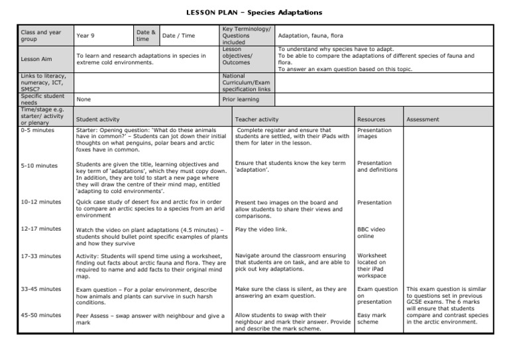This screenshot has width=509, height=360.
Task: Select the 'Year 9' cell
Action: (x=85, y=35)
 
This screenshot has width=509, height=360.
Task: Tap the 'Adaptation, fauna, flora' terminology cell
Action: (x=306, y=35)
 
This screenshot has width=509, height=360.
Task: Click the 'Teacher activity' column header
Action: (x=256, y=119)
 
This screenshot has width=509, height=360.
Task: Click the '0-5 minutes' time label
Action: (x=38, y=131)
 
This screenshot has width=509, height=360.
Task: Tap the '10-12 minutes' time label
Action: (x=40, y=202)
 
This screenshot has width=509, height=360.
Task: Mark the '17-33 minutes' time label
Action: (x=40, y=255)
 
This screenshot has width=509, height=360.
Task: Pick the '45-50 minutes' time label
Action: (x=40, y=315)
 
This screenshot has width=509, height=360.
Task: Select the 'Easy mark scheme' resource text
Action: (x=372, y=319)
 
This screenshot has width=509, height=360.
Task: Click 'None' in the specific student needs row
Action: (x=84, y=99)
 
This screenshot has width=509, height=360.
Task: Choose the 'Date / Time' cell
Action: (x=178, y=35)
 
